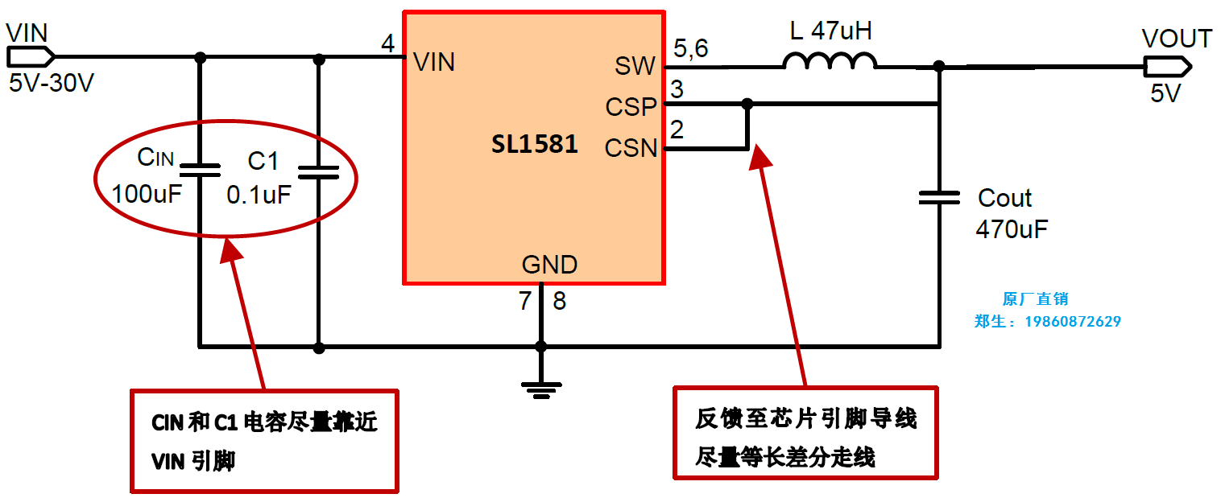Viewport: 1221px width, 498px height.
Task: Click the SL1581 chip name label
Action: click(x=535, y=145)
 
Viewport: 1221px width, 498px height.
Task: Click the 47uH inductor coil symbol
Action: click(x=830, y=61)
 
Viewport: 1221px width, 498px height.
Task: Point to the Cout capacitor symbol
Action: click(x=939, y=198)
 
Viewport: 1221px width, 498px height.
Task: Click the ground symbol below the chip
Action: click(x=541, y=389)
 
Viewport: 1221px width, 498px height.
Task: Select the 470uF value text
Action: click(x=1012, y=229)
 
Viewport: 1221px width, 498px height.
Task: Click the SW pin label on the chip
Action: click(x=635, y=66)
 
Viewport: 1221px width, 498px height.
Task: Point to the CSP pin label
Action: click(x=631, y=106)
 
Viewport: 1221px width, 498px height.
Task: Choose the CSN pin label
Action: click(x=631, y=148)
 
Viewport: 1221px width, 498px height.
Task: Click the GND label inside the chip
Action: click(x=549, y=265)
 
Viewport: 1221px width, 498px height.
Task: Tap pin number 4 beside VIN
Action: click(x=388, y=45)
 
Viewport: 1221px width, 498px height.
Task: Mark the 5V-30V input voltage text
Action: click(x=52, y=83)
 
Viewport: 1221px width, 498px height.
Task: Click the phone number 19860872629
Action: click(x=1072, y=322)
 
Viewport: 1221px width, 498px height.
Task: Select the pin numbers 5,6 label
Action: click(x=691, y=49)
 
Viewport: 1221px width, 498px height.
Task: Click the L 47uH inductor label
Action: click(x=830, y=31)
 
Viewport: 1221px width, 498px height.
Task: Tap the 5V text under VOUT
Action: click(x=1165, y=93)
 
